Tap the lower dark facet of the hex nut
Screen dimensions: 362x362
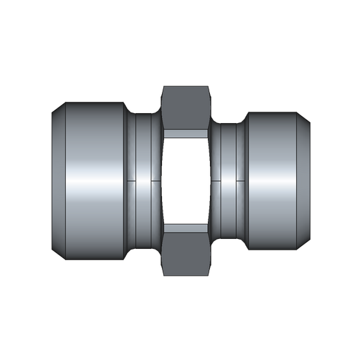click(x=186, y=255)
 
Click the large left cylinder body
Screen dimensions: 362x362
click(x=92, y=181)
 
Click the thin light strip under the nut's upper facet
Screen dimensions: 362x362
click(x=186, y=132)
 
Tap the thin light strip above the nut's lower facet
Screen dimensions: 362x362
click(x=186, y=230)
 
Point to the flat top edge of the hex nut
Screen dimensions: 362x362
click(x=186, y=86)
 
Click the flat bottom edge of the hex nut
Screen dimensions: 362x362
click(x=186, y=275)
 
